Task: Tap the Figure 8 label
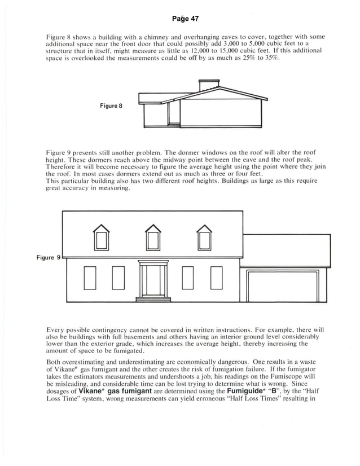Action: (x=111, y=105)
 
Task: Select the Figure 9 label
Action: (x=49, y=257)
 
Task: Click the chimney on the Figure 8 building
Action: (x=209, y=85)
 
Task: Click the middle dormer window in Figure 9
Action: (x=152, y=238)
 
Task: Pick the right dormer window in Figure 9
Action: (x=204, y=238)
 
